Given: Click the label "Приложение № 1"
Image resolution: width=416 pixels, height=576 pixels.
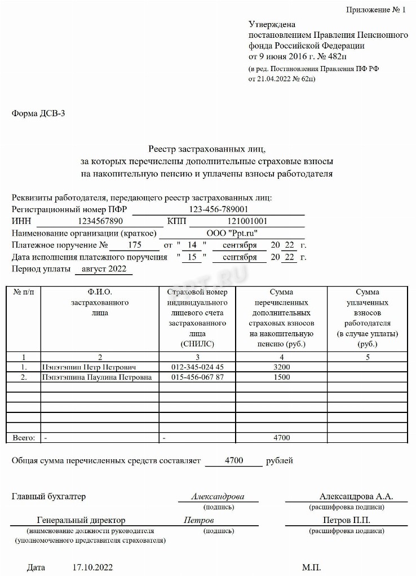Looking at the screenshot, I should pos(375,10).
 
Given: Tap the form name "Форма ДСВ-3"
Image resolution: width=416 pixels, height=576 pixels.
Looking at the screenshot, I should pos(39,113).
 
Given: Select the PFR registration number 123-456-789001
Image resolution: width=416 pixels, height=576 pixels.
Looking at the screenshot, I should pos(219,209).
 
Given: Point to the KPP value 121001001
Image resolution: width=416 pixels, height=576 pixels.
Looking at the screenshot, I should pos(247,221).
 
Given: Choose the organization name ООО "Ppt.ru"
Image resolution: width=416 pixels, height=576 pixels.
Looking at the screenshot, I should pos(231,233).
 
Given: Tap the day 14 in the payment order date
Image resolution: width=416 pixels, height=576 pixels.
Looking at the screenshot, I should pos(192,245).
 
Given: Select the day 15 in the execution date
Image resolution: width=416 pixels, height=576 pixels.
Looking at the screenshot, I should pos(192,257).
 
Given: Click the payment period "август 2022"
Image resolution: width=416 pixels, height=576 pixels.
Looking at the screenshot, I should pos(103,269).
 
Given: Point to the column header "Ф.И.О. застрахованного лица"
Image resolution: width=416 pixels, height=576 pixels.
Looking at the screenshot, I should pos(100,302).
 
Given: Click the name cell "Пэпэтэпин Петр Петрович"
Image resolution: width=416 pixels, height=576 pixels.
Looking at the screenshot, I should pos(89,367).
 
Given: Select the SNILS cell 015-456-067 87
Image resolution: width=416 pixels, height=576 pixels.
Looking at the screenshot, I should pos(197,377).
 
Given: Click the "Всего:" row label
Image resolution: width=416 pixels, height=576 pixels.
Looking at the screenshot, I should pos(24,437).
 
